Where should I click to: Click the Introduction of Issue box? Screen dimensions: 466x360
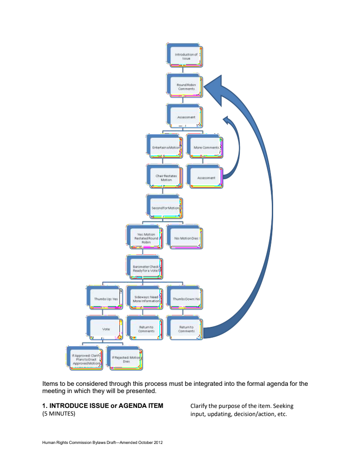186,56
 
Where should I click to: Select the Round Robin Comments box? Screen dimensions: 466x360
186,86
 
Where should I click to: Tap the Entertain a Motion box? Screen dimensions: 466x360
166,147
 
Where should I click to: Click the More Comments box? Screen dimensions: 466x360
206,147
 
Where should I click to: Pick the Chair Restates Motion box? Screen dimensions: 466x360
166,177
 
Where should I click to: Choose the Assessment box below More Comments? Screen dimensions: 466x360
206,177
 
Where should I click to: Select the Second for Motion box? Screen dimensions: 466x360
166,208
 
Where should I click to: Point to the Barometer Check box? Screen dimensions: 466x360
145,268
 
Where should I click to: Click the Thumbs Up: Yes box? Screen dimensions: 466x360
106,299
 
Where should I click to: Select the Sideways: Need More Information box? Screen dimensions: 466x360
145,299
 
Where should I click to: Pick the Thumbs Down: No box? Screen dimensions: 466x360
186,299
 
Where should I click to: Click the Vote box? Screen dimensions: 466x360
106,329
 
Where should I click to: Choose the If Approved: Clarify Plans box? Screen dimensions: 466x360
85,359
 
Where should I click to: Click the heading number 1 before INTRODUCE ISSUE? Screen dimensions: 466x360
44,406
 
